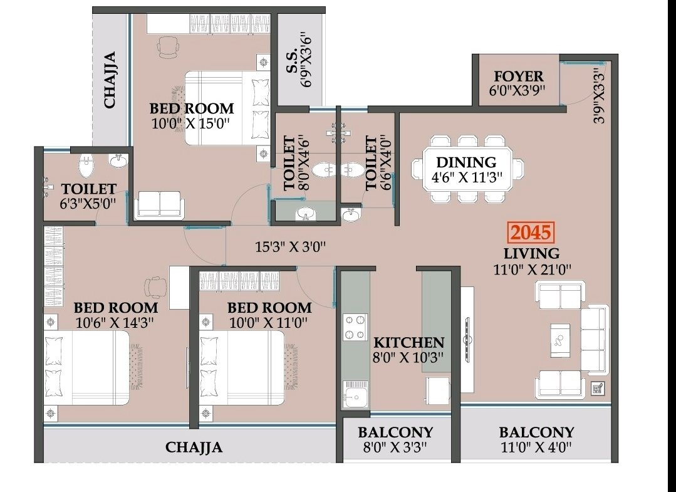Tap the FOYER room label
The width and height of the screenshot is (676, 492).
(519, 76)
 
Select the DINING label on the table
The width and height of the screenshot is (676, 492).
(466, 162)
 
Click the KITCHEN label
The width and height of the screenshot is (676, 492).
(408, 342)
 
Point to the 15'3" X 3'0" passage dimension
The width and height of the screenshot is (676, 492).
(290, 247)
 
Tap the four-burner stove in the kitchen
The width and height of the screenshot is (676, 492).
(355, 327)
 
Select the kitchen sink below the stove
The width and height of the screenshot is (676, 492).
(355, 394)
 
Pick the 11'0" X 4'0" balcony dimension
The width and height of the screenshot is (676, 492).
(536, 447)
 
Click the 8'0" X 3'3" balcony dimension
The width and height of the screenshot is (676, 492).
(395, 447)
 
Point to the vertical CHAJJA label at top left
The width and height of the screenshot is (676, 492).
(110, 80)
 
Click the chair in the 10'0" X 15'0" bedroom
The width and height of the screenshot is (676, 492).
(168, 46)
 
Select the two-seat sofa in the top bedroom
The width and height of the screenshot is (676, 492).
(159, 204)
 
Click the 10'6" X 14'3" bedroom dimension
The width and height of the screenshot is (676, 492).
(115, 322)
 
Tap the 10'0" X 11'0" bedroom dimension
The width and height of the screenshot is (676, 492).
(269, 322)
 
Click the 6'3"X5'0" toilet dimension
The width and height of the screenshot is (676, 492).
(88, 203)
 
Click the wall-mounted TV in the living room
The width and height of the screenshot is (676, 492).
(467, 339)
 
